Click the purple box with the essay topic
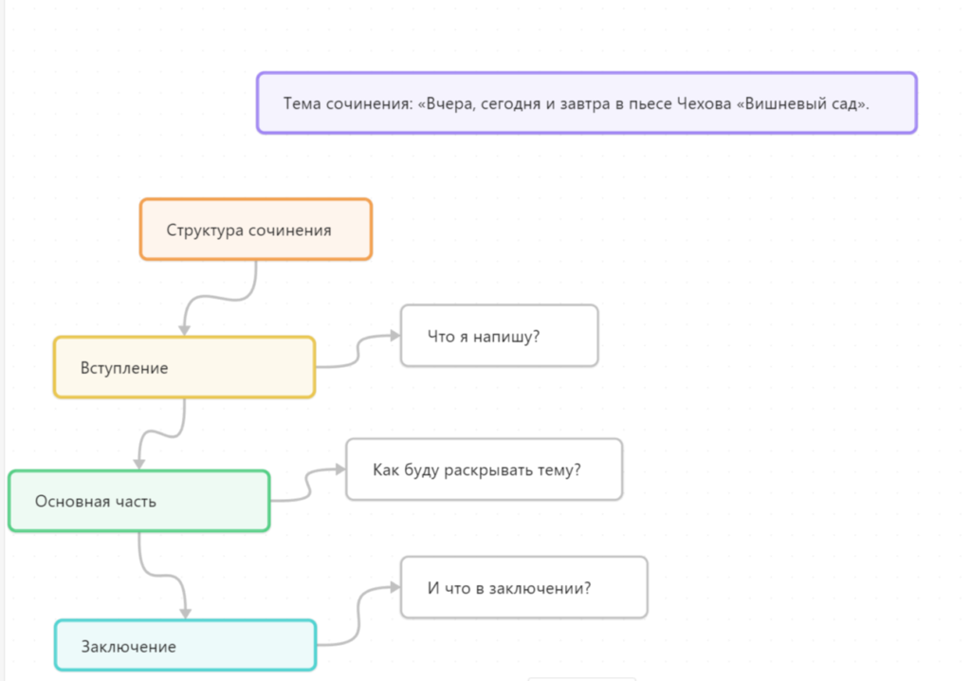coord(586,102)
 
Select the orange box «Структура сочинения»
coord(256,230)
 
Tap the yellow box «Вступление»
coord(185,367)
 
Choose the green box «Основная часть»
coord(139,501)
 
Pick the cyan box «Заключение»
coord(185,645)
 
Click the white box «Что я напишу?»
coord(499,336)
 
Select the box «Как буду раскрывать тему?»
coord(485,469)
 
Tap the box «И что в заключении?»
coord(523,587)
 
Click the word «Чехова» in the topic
coord(704,103)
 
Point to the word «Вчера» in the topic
coord(448,103)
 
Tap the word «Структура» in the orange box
coord(205,230)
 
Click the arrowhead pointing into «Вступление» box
coord(185,330)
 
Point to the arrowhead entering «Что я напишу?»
coord(395,336)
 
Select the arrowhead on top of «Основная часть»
coord(139,464)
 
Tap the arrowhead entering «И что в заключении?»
coord(395,587)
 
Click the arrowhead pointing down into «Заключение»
coord(185,614)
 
